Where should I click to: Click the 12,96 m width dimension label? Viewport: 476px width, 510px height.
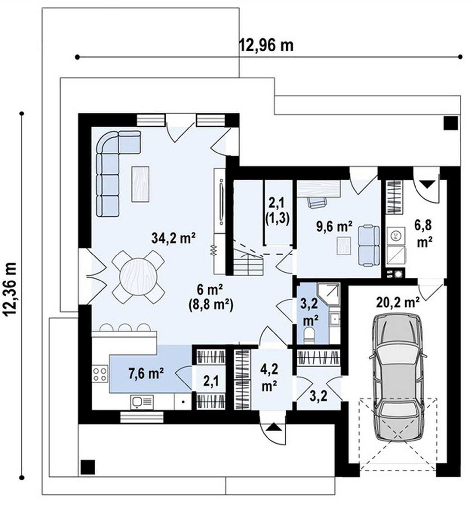(x=266, y=46)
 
